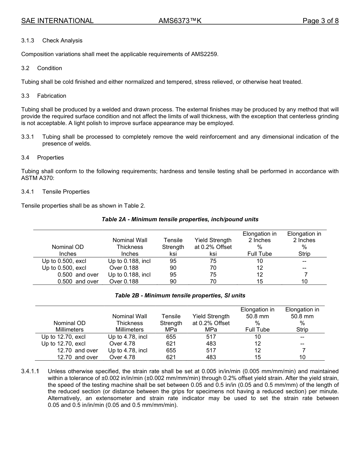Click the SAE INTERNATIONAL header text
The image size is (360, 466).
tap(57, 21)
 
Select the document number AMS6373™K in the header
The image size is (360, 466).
tap(180, 21)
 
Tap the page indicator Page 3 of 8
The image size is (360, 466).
tap(320, 21)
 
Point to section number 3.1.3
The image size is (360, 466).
tap(28, 41)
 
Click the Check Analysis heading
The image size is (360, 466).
tap(62, 41)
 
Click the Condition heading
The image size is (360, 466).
tap(50, 68)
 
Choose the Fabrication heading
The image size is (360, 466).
tap(52, 96)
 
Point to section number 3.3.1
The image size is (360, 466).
tap(28, 137)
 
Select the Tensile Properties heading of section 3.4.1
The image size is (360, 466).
tap(66, 192)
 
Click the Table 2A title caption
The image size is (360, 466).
tap(180, 219)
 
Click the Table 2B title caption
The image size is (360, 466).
tap(180, 296)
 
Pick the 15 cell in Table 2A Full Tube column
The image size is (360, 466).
tap(260, 281)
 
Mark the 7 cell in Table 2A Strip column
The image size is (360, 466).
tap(305, 275)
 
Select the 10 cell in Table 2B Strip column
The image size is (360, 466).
tap(302, 357)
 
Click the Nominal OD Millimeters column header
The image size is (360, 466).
tap(69, 326)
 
